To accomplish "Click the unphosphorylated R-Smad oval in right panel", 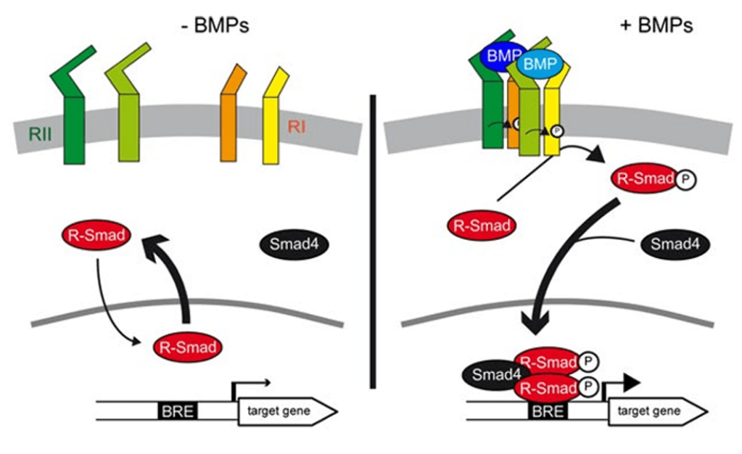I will coord(481,225).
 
